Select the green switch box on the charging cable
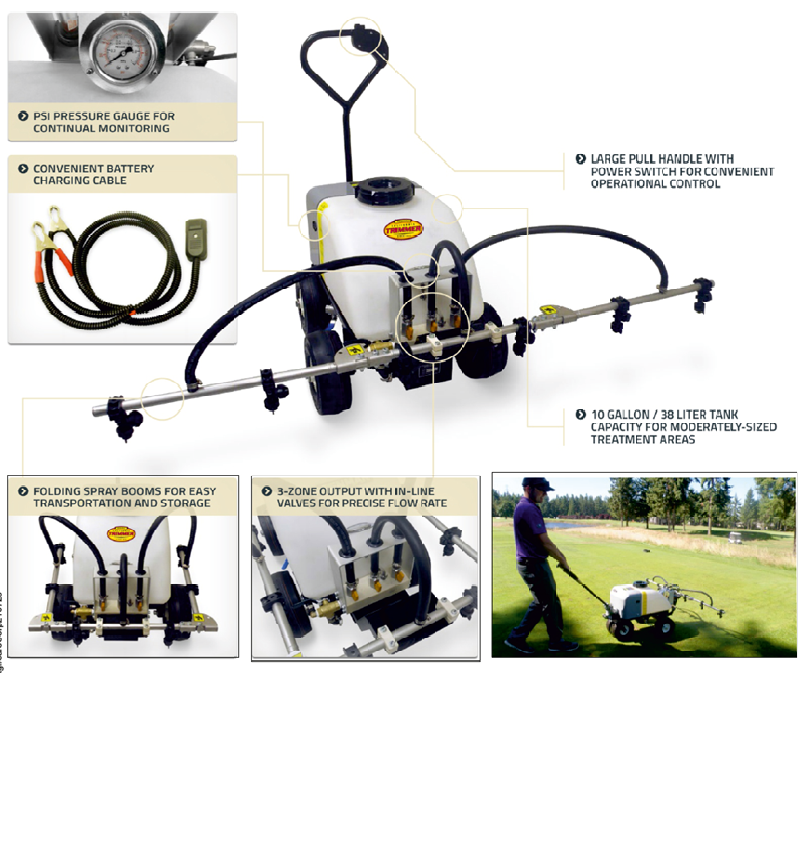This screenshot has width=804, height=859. (196, 237)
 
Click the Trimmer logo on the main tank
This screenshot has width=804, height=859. (404, 228)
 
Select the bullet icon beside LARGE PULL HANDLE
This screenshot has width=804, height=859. (581, 159)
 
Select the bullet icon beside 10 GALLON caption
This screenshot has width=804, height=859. (581, 414)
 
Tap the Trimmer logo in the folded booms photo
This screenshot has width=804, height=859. (122, 534)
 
